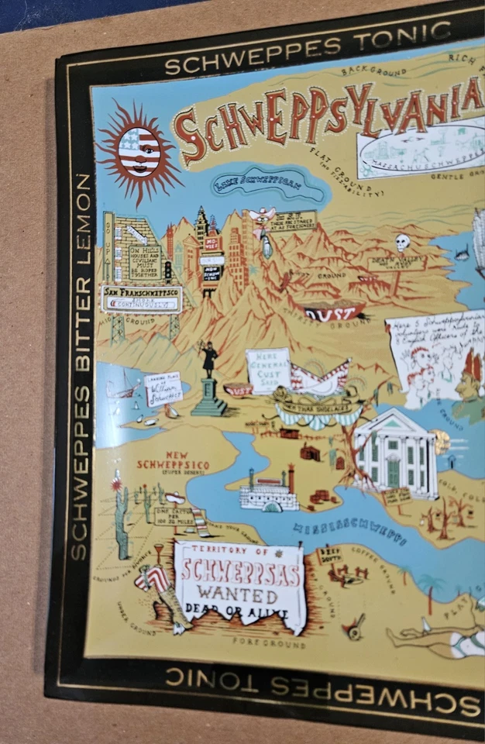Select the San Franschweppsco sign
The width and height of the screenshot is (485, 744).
tap(141, 298)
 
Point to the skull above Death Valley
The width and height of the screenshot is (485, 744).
tap(402, 243)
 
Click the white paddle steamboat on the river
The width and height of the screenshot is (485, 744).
tap(268, 492)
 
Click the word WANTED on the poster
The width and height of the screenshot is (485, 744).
tap(240, 596)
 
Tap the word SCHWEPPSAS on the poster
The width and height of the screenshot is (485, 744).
tap(239, 573)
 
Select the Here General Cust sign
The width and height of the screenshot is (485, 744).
tap(268, 370)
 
